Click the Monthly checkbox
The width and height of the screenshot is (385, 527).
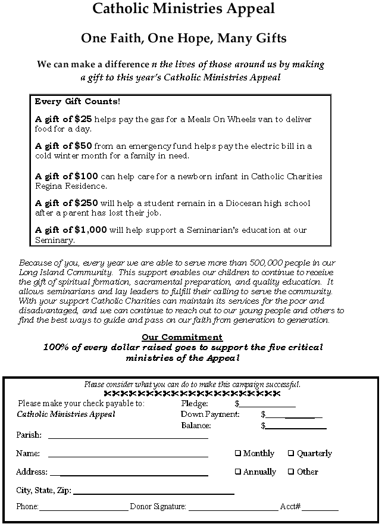point(238,454)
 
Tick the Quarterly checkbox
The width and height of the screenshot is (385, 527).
point(291,454)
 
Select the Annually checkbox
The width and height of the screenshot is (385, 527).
point(238,472)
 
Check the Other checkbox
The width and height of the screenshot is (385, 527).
point(291,472)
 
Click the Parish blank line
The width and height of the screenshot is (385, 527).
point(128,436)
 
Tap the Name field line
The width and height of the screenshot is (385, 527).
point(128,456)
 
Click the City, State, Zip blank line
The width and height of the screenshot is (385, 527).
point(153,492)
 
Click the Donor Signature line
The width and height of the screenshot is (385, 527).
point(233,509)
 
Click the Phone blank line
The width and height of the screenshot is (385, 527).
point(83,509)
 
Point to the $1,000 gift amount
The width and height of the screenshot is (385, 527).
point(90,230)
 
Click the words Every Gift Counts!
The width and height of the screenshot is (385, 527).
point(77,102)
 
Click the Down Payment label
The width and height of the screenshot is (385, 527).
point(210,414)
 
